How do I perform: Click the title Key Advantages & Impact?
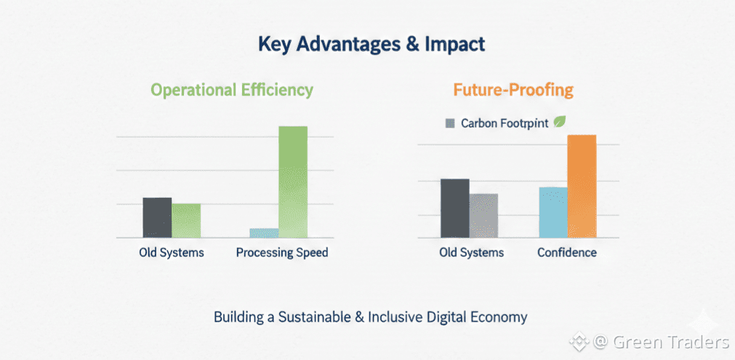tap(371, 44)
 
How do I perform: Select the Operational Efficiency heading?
tap(232, 90)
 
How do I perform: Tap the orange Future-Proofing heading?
tap(513, 90)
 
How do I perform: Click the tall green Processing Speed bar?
tap(293, 182)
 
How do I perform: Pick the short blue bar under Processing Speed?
tap(264, 233)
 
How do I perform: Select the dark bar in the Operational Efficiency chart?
tap(157, 217)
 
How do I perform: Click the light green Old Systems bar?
tap(186, 220)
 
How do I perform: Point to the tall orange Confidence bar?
tap(582, 186)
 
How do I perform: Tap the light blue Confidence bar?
tap(553, 212)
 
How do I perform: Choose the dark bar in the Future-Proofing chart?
tap(455, 208)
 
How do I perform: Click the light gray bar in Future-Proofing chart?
tap(483, 215)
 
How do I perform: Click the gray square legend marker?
tap(449, 124)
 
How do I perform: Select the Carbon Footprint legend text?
tap(504, 124)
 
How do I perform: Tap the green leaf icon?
tap(561, 122)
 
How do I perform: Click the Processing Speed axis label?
tap(282, 253)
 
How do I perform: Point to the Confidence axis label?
tap(567, 253)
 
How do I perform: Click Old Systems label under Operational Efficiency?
tap(172, 253)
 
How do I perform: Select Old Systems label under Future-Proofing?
tap(471, 253)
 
